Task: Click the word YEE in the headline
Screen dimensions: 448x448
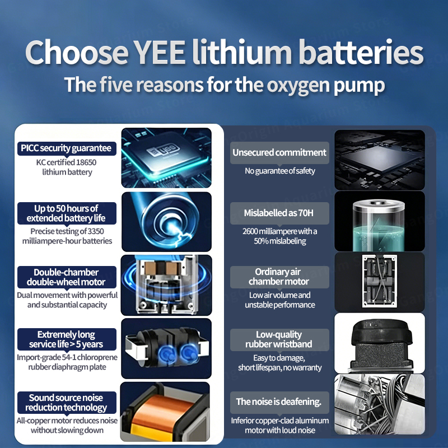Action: pos(160,52)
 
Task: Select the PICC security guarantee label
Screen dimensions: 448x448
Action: pos(67,148)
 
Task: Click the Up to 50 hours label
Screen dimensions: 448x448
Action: pos(67,213)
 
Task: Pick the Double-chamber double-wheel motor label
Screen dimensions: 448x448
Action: pos(67,277)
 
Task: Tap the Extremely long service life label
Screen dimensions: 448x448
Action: pos(67,339)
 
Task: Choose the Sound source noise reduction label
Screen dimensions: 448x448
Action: pos(67,403)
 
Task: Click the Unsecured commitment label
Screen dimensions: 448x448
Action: pos(279,152)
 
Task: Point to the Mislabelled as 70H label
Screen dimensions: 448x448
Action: pos(279,213)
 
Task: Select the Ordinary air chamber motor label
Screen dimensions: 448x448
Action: pos(279,277)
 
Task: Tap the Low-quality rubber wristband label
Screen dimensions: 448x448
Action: pos(279,339)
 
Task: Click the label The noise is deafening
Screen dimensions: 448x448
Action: pos(279,402)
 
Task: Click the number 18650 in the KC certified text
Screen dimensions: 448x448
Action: pos(86,162)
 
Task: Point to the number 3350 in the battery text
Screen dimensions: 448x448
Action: pos(95,231)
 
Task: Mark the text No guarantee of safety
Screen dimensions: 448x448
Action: pos(280,171)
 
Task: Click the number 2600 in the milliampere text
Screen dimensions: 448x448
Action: pos(250,231)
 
